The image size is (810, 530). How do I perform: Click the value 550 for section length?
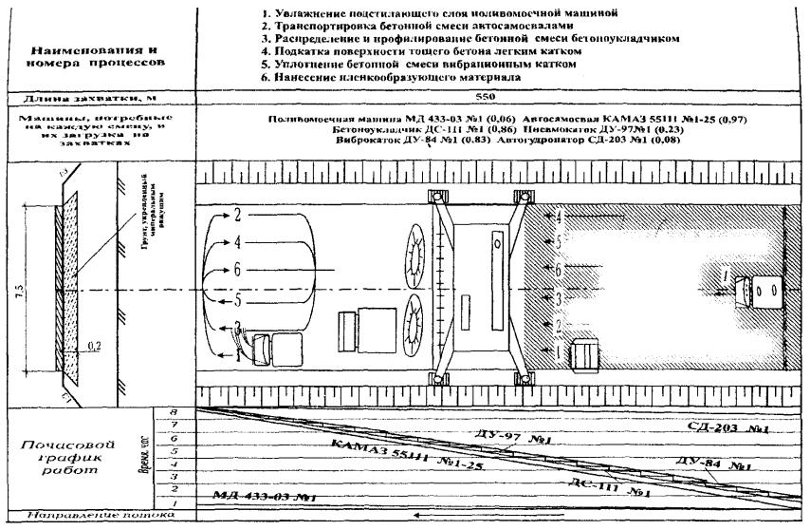[x=503, y=96]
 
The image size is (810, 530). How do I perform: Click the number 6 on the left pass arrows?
[x=236, y=269]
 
